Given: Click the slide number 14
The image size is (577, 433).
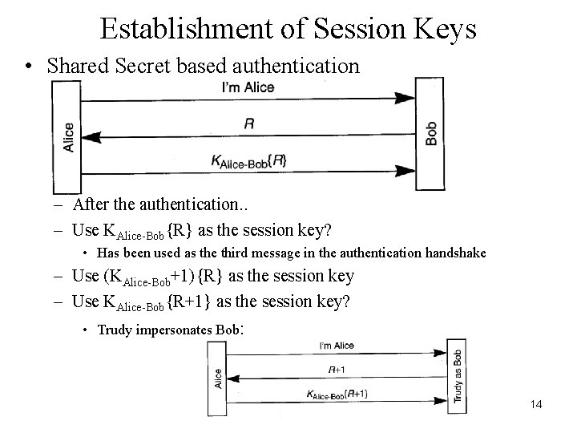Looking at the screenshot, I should pyautogui.click(x=536, y=404).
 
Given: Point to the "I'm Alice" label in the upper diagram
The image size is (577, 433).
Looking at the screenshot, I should pyautogui.click(x=248, y=87).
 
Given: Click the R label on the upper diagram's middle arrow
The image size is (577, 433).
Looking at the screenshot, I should pyautogui.click(x=248, y=123).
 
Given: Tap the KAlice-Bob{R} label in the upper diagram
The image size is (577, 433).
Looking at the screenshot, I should pyautogui.click(x=248, y=160).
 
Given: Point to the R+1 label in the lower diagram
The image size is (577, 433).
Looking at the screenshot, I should pyautogui.click(x=337, y=369).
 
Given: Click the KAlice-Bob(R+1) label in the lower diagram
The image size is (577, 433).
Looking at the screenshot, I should pyautogui.click(x=337, y=394).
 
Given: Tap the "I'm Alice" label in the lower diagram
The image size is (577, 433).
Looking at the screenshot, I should pyautogui.click(x=337, y=346).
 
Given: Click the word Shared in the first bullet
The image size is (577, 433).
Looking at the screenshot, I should pyautogui.click(x=76, y=66).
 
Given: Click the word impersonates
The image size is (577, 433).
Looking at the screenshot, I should pyautogui.click(x=176, y=330).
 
